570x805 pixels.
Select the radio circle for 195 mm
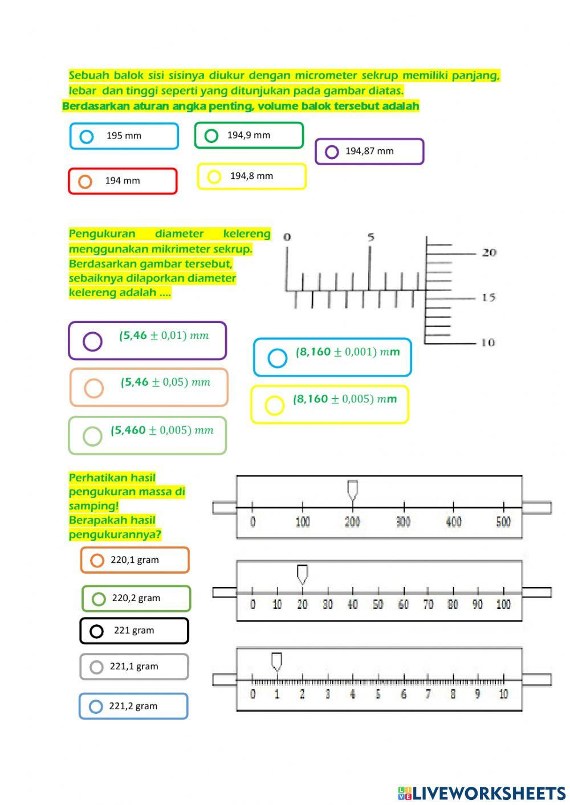click(x=87, y=137)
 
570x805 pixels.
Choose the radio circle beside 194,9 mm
click(x=211, y=136)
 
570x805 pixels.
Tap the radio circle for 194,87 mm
click(x=332, y=152)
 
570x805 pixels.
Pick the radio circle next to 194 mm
click(x=85, y=182)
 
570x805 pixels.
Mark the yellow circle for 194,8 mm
click(x=214, y=177)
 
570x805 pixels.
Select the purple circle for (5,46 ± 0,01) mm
click(x=92, y=341)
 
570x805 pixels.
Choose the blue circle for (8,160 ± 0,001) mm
click(x=277, y=358)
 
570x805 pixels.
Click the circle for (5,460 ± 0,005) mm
click(x=92, y=436)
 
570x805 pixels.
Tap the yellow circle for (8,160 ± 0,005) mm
click(x=274, y=405)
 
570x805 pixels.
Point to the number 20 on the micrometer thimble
click(x=489, y=252)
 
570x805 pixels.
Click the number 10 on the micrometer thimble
click(x=488, y=342)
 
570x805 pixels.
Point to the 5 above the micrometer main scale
click(x=371, y=237)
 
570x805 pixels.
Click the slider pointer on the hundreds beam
click(x=353, y=491)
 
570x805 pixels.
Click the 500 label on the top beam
click(x=503, y=521)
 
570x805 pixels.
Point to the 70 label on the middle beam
click(x=428, y=604)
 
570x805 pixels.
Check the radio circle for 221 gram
click(x=97, y=631)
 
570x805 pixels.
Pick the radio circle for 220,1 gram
click(x=97, y=561)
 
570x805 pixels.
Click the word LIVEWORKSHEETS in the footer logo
click(x=489, y=793)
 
